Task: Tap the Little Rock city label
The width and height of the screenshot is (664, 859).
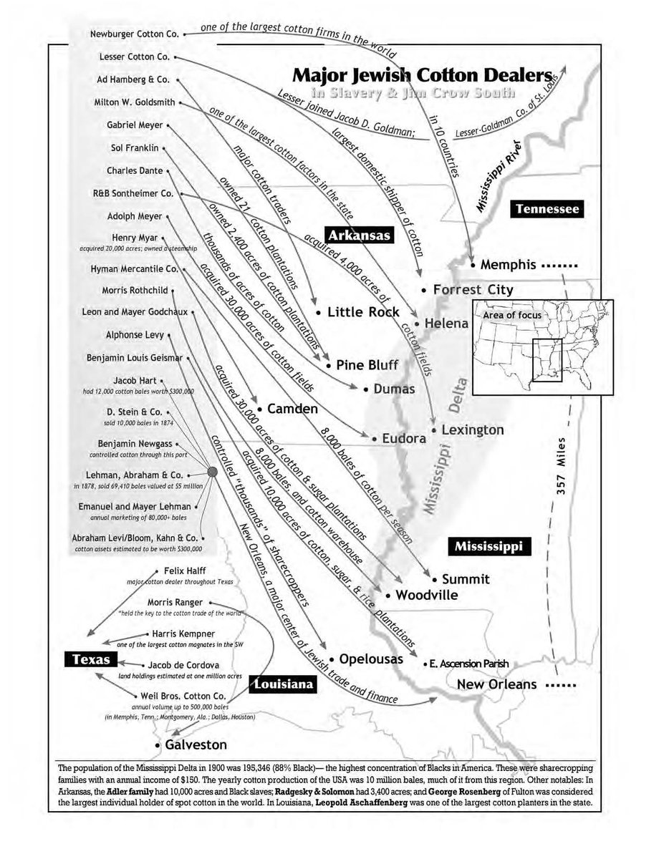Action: (362, 312)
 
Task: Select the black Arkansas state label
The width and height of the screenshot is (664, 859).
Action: (358, 234)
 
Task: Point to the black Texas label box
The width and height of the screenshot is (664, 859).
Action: (87, 659)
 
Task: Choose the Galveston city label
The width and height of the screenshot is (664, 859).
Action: (196, 744)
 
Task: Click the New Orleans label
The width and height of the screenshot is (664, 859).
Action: (496, 684)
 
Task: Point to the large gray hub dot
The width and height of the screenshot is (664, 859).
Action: (212, 472)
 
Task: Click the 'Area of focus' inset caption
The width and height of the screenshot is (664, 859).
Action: (512, 314)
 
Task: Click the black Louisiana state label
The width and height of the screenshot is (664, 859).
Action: (284, 685)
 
